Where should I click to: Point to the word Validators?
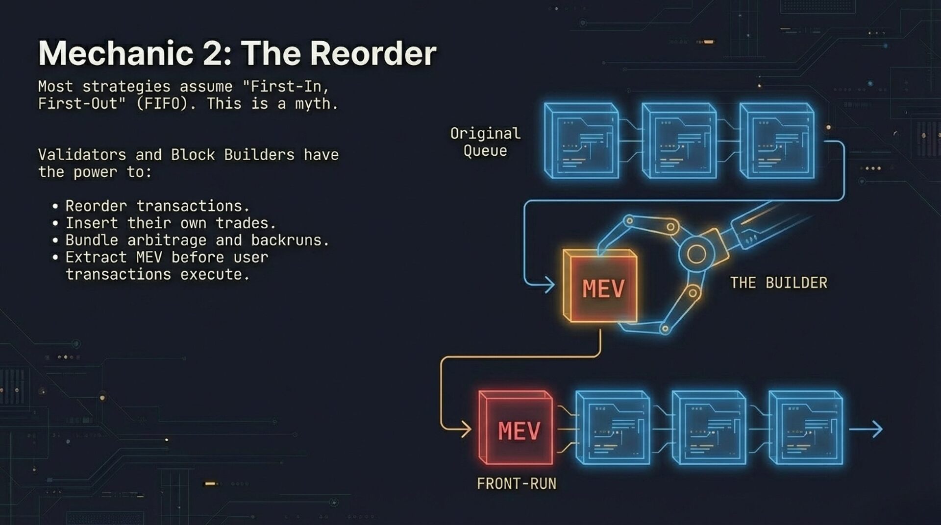(x=82, y=155)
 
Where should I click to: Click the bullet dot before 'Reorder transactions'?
(x=55, y=207)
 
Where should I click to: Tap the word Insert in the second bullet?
(x=92, y=223)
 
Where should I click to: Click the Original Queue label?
(x=485, y=142)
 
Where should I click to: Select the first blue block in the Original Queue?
(x=581, y=141)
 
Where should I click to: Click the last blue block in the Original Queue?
(x=776, y=141)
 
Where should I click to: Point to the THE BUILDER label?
(x=778, y=283)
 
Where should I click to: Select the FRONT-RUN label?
(x=517, y=484)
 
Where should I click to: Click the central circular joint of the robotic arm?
(x=696, y=254)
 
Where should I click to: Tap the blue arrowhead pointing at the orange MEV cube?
(x=549, y=284)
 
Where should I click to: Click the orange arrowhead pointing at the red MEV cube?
(x=465, y=430)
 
